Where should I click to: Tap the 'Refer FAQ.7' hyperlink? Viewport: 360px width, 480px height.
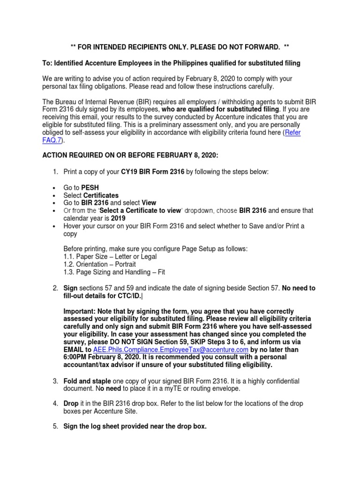tap(293, 133)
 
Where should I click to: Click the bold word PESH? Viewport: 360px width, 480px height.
tap(90, 187)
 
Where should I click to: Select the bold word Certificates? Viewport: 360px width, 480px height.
tap(101, 195)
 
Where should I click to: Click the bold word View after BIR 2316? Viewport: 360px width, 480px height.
tap(149, 203)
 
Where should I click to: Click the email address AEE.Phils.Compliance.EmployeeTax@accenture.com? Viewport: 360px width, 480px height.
tap(171, 350)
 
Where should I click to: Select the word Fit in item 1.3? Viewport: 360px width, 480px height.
tap(159, 272)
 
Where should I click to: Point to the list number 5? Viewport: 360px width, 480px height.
tap(55, 426)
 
